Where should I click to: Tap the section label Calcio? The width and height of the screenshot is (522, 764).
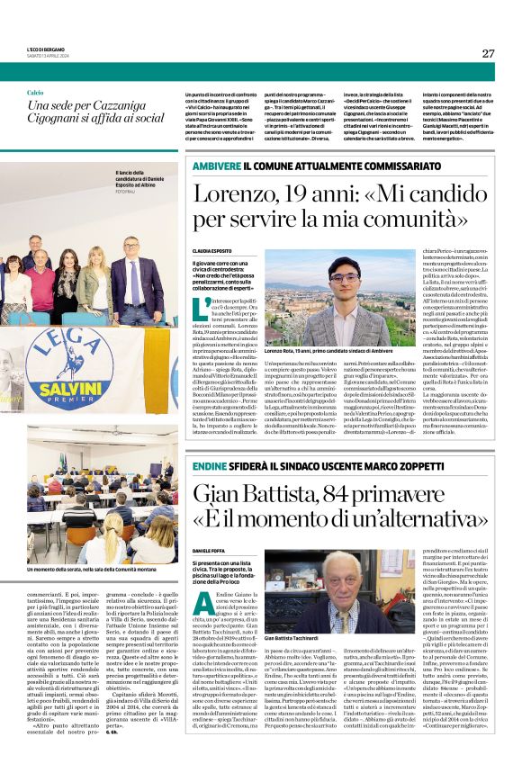pos(35,93)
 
